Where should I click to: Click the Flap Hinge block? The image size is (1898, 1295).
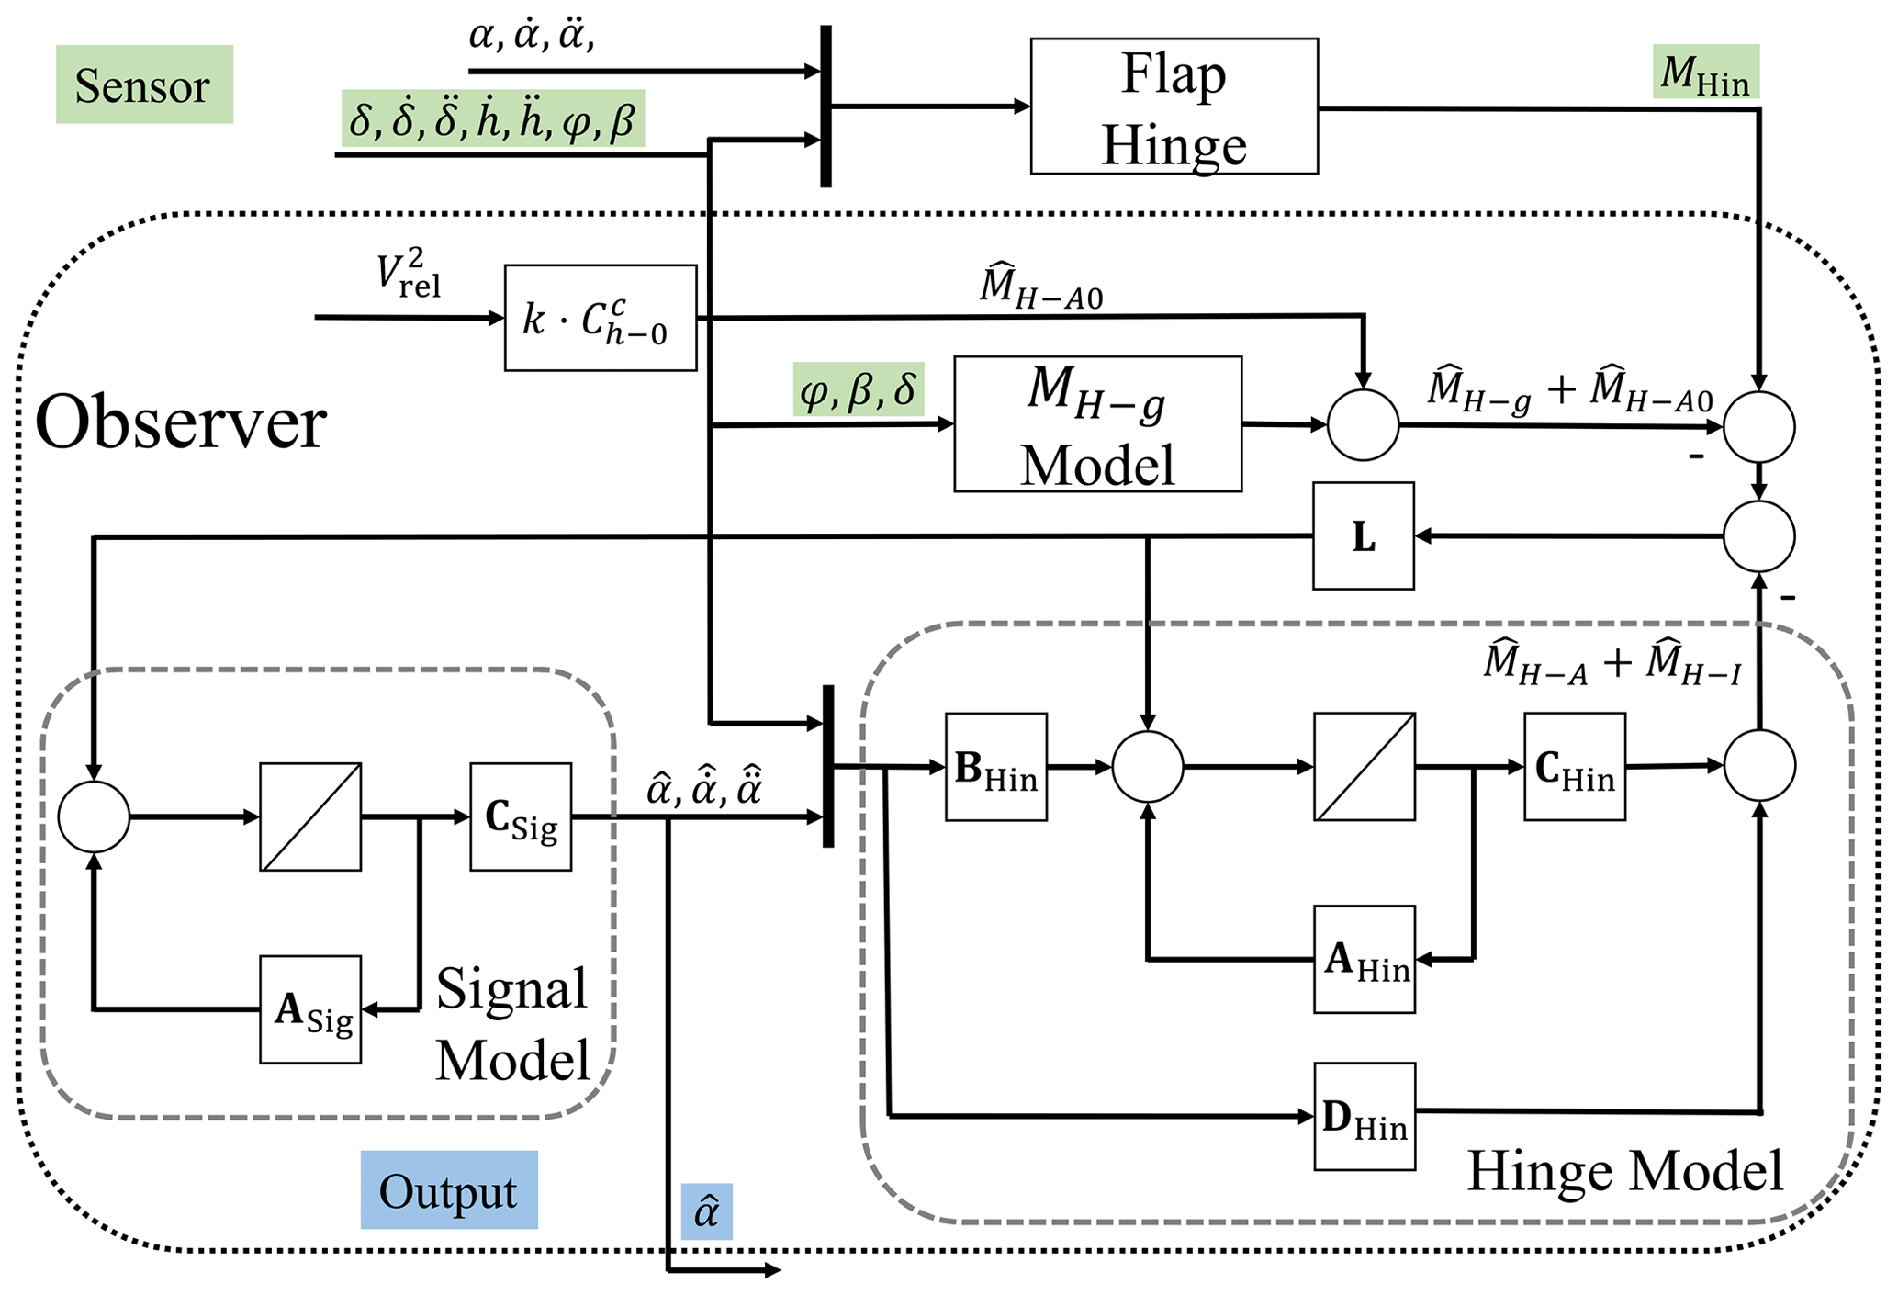(1174, 107)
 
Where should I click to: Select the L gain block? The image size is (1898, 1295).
(1363, 536)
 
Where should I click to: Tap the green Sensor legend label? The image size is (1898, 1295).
(144, 84)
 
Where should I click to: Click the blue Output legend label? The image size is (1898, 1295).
(448, 1190)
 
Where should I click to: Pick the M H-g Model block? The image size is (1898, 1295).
(1097, 424)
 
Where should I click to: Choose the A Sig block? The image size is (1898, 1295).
(310, 1009)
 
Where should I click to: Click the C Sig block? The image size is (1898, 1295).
(521, 816)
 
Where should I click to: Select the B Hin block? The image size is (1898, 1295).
(995, 767)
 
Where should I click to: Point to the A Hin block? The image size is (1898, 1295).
(1364, 960)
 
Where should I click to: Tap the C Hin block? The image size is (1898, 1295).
(1574, 767)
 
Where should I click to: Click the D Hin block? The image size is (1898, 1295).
(1364, 1117)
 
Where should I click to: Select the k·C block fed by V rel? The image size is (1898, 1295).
(601, 318)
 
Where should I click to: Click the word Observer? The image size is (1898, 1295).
(180, 422)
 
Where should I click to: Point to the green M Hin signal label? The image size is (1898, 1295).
(1705, 73)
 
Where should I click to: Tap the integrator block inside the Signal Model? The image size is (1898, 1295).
(310, 816)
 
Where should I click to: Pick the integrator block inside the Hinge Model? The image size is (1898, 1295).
(1364, 767)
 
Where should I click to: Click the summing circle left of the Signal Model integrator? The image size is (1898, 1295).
(94, 816)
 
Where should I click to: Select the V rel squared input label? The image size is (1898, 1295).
(409, 274)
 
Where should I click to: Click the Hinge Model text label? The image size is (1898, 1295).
(1624, 1171)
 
